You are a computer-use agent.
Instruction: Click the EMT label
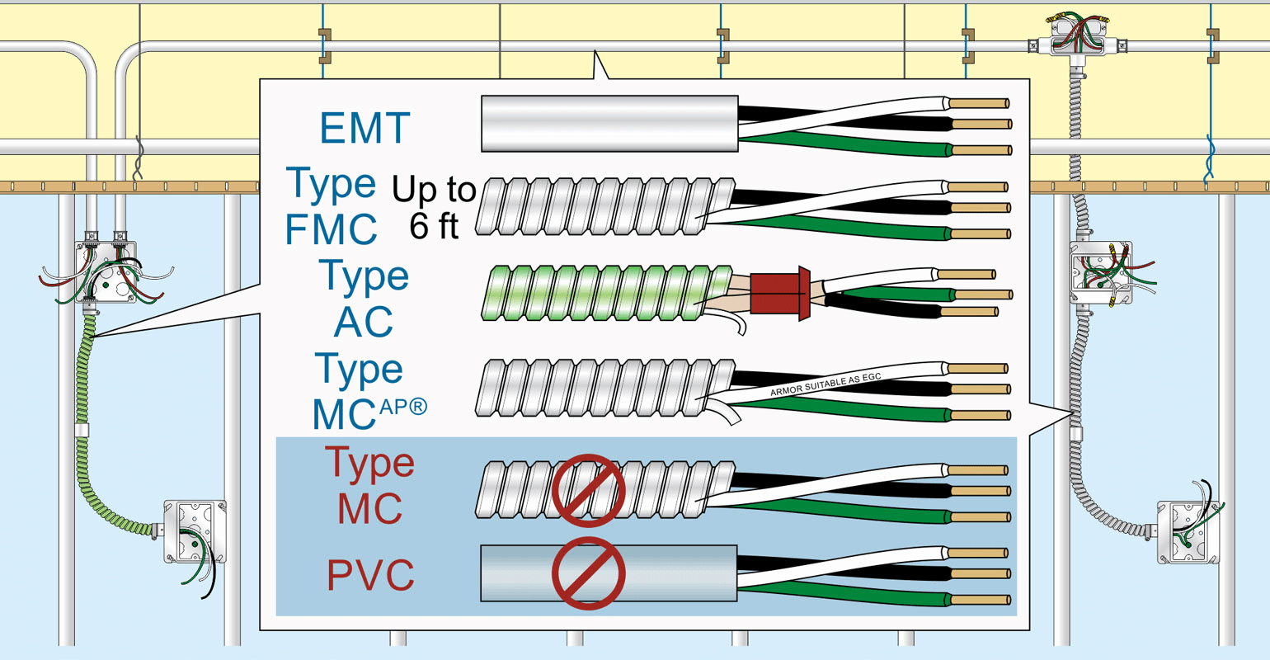pos(365,128)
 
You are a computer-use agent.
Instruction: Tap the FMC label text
pos(331,229)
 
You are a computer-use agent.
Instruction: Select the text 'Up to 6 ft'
pos(434,207)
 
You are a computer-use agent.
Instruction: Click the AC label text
pos(363,322)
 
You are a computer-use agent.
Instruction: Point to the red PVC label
pos(370,576)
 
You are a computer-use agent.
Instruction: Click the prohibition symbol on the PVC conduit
pos(588,573)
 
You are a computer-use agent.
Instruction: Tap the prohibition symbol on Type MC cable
pos(588,490)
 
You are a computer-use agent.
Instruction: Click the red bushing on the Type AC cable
pos(779,293)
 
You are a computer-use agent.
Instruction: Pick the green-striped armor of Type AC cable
pos(606,293)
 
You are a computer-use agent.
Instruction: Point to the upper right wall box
pos(1100,271)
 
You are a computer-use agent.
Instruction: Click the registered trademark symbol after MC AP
pos(418,405)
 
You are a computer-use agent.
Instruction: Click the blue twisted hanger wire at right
pos(1211,161)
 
